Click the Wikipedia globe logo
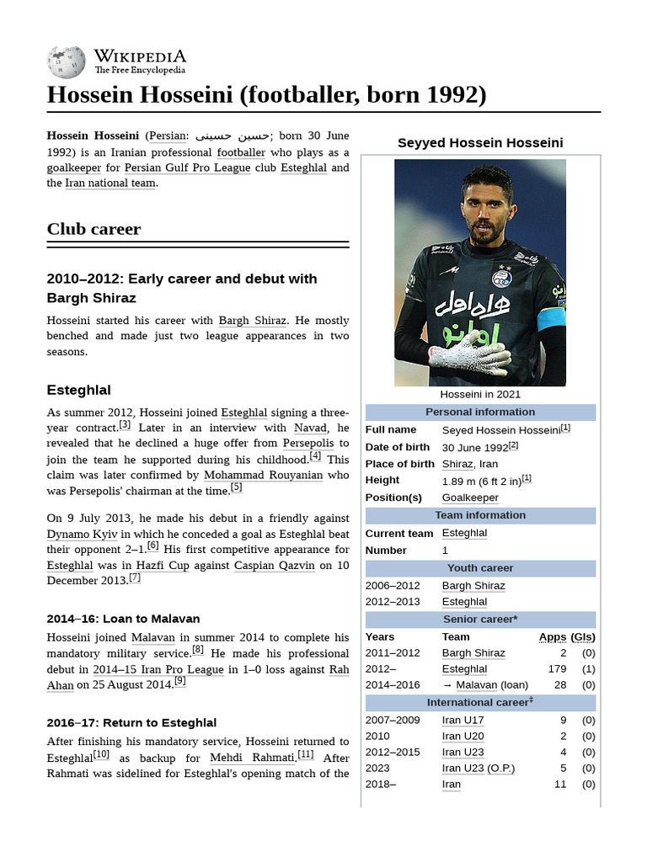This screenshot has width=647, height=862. point(67,61)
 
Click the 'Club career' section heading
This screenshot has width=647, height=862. point(94,229)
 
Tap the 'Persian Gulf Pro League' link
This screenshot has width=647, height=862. point(187,168)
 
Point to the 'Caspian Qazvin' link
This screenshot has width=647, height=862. point(274,565)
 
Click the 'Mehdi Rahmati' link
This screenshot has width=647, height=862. point(252,758)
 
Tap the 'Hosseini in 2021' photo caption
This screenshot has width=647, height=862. point(480,394)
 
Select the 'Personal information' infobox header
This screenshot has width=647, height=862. point(480,412)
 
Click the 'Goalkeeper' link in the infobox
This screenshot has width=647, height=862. point(470,498)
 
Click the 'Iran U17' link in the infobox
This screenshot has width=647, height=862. point(463,720)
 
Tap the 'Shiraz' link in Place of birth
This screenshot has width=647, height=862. point(457,464)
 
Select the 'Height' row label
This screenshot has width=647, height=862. point(382,480)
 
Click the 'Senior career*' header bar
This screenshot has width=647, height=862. point(480,620)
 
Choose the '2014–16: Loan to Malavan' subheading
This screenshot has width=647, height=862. point(123,619)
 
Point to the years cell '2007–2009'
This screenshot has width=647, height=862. point(392,720)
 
